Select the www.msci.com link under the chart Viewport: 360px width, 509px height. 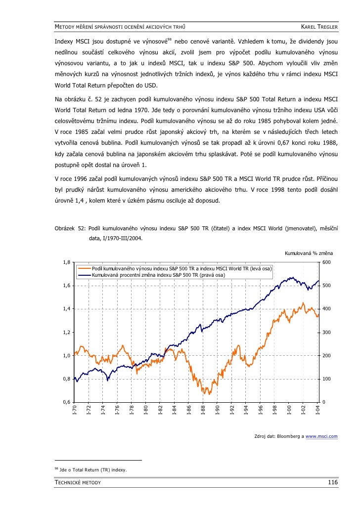pos(321,436)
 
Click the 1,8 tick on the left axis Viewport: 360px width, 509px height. pos(66,262)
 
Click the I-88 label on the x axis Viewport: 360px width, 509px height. pos(203,411)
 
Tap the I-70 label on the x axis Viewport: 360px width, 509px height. pos(75,411)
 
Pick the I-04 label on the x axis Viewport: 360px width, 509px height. pos(317,411)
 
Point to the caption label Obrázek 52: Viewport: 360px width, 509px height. pos(69,229)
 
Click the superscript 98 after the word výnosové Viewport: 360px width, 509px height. pos(169,39)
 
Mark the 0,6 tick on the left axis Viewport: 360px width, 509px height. pos(66,402)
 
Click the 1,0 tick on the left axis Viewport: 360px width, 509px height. pos(66,356)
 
